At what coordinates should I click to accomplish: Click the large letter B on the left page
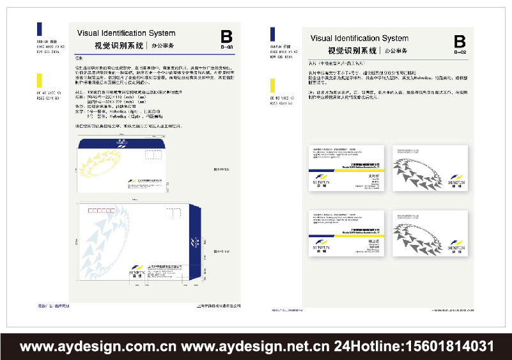pyautogui.click(x=226, y=36)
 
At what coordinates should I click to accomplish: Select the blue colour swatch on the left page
pyautogui.click(x=40, y=29)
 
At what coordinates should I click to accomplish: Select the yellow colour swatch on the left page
pyautogui.click(x=40, y=81)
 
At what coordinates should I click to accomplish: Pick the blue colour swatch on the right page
pyautogui.click(x=273, y=34)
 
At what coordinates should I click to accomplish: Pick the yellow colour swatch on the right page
pyautogui.click(x=273, y=86)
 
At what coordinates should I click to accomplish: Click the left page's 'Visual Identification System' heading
pyautogui.click(x=126, y=33)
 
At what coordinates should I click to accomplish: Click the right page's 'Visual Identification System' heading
pyautogui.click(x=359, y=38)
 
